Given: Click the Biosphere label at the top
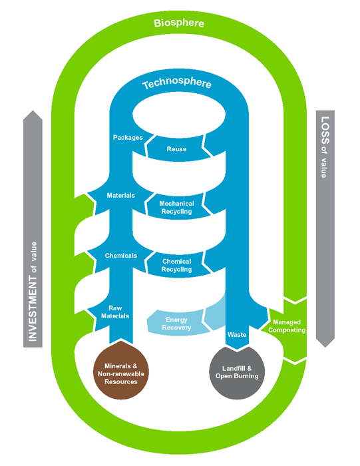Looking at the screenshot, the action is [x=179, y=23].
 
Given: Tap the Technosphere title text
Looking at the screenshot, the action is [x=177, y=83].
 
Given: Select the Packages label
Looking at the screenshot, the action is [x=128, y=138].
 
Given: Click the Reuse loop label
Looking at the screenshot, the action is [x=176, y=149].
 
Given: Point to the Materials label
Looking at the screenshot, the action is [x=121, y=195].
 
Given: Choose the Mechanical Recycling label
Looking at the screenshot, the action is [x=176, y=208].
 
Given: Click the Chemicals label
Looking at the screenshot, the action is [x=121, y=256].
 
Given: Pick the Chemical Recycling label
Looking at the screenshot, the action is [x=176, y=266].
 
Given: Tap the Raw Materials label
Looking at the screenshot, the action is [x=115, y=312].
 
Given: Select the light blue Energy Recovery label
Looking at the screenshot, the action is [x=176, y=324].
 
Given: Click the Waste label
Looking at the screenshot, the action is [x=237, y=335].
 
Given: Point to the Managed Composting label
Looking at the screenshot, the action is [x=287, y=326].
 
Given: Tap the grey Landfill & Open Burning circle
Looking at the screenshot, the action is [x=237, y=373].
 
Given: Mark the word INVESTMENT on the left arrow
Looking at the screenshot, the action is [x=33, y=308].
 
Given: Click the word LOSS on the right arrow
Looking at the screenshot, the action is [x=325, y=130].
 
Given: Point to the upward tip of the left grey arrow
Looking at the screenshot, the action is [x=33, y=111].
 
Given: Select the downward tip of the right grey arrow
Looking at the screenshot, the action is [x=325, y=347].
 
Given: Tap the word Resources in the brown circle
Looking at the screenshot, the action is [x=121, y=382].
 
